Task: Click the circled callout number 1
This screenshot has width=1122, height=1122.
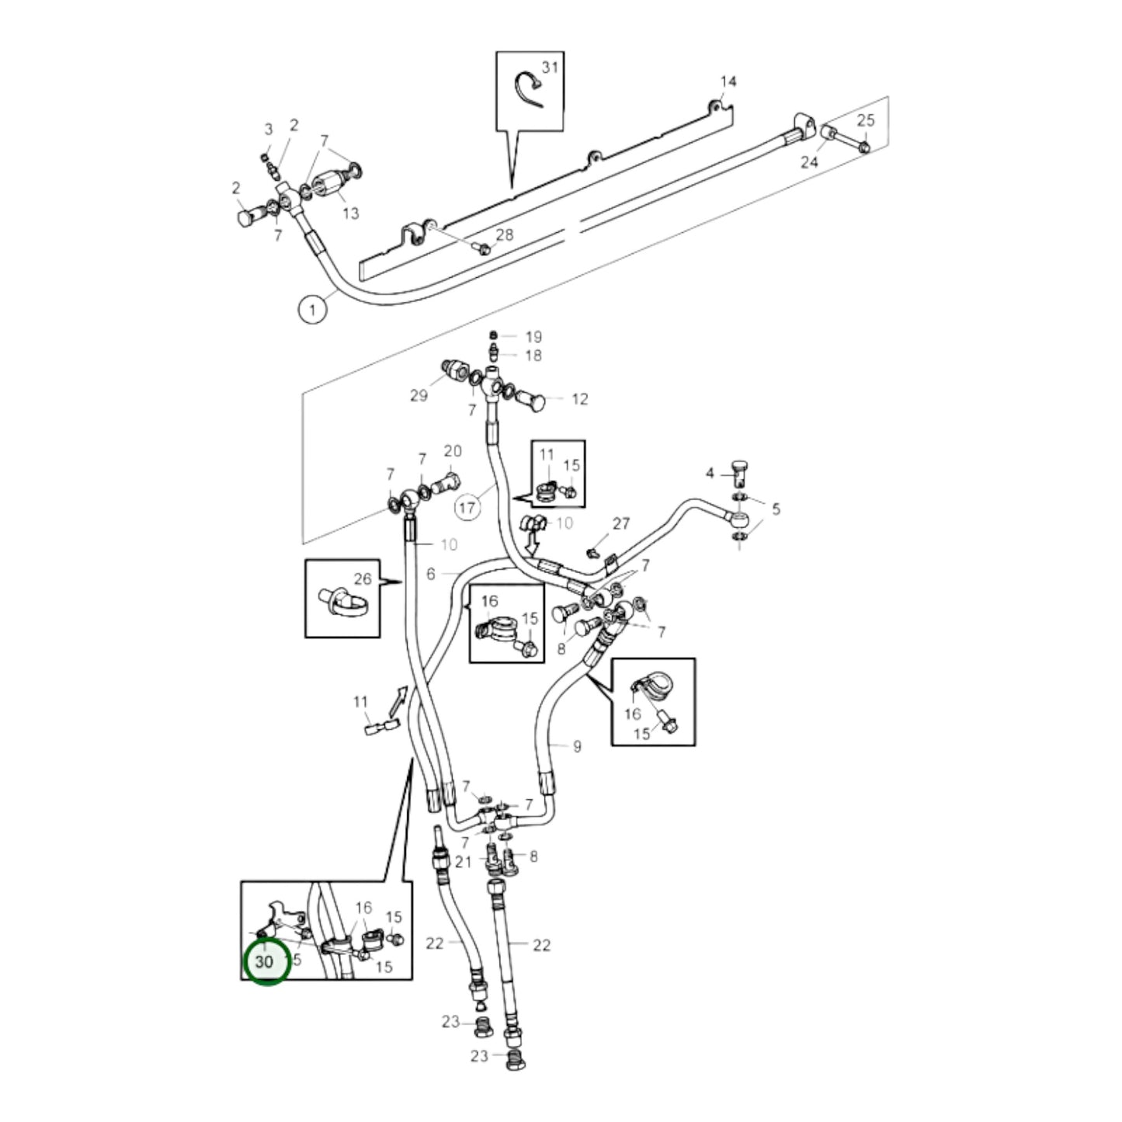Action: [x=312, y=310]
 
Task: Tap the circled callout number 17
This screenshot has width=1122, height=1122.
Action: [x=467, y=508]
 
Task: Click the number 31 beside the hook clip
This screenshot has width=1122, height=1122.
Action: [x=550, y=68]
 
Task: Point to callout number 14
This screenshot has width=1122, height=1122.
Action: [x=728, y=82]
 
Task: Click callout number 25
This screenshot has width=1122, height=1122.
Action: [x=865, y=120]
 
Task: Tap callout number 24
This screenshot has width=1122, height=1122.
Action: [x=809, y=162]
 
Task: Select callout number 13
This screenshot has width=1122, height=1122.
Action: [x=350, y=214]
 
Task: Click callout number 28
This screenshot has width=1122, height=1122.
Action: [x=504, y=234]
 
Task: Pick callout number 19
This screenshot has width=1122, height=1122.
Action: [x=533, y=336]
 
